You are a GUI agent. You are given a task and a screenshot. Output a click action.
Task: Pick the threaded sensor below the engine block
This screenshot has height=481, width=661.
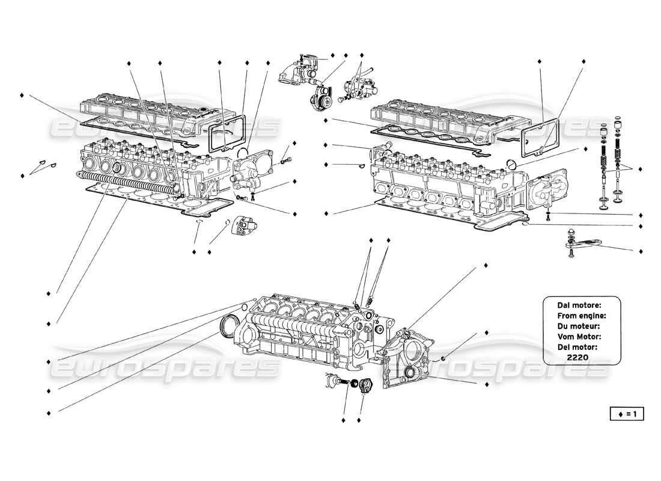[334, 380]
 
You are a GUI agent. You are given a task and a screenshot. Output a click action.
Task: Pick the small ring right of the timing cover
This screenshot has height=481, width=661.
[443, 359]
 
